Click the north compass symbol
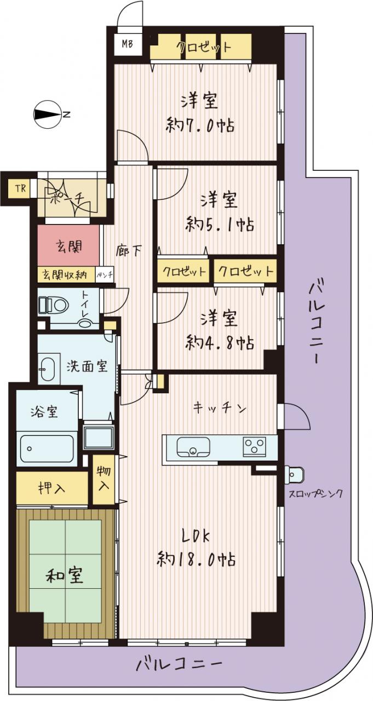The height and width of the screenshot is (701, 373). [x=47, y=114]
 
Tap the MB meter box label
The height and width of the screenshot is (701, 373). [x=127, y=44]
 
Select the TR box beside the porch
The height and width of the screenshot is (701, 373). [x=21, y=188]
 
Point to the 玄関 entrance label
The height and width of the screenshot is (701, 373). [x=69, y=246]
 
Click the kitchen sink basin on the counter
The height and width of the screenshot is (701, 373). [x=193, y=447]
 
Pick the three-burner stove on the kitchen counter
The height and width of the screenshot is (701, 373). [x=254, y=445]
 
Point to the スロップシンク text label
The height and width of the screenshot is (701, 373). [x=315, y=494]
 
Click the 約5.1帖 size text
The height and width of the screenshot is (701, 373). [x=219, y=224]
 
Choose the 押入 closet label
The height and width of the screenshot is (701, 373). [x=51, y=488]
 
